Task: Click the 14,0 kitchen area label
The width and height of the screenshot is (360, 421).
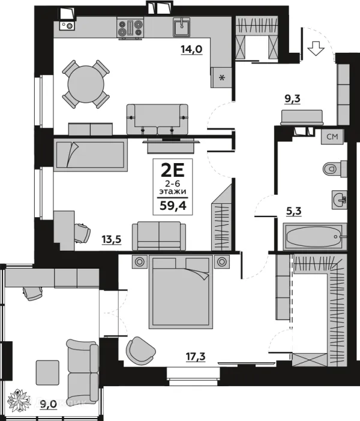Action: point(190,50)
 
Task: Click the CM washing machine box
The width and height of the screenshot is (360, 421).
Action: point(332,137)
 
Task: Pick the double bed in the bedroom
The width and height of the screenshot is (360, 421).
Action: point(181,291)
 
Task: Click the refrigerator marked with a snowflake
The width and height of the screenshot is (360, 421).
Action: point(221,77)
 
